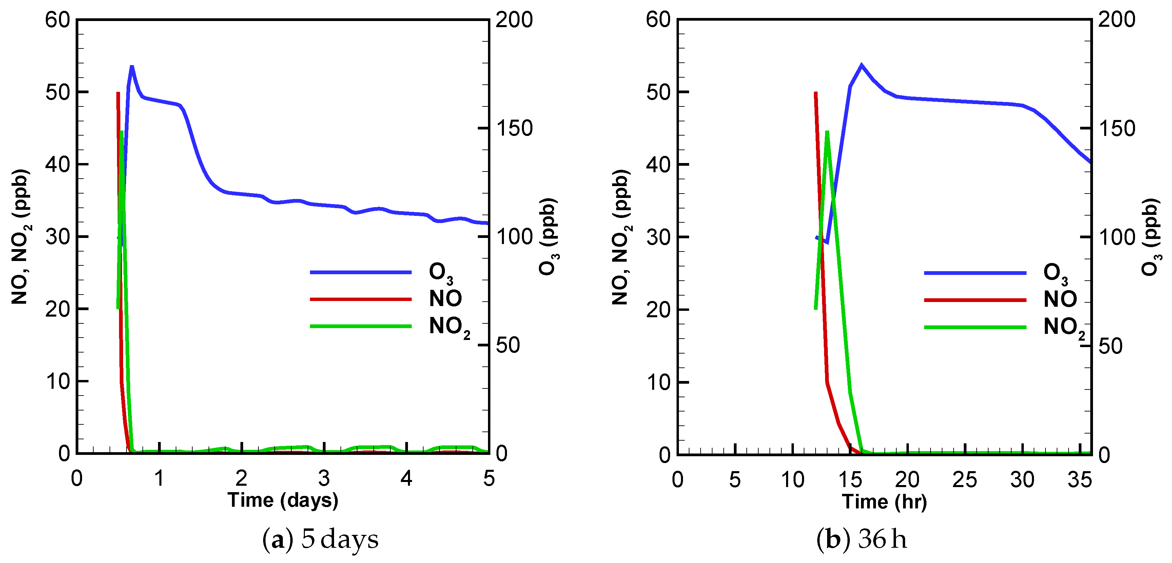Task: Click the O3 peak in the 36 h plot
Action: (x=861, y=65)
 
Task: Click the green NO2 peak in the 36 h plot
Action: (x=827, y=132)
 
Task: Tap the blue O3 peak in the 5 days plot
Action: (x=132, y=67)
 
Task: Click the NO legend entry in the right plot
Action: (x=1060, y=299)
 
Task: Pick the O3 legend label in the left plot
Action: (x=441, y=273)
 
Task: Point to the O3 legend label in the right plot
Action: (x=1055, y=273)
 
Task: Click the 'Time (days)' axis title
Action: (x=283, y=501)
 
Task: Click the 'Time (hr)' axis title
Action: (x=884, y=502)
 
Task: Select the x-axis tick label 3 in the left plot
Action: (x=324, y=478)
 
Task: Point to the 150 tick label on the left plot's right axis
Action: (x=514, y=128)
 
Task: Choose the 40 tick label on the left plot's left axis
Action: (x=57, y=164)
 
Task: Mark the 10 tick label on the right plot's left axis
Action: (x=658, y=382)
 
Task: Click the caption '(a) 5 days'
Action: (x=320, y=540)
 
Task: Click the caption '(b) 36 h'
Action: (x=861, y=540)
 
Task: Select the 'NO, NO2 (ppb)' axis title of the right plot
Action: (x=621, y=237)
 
